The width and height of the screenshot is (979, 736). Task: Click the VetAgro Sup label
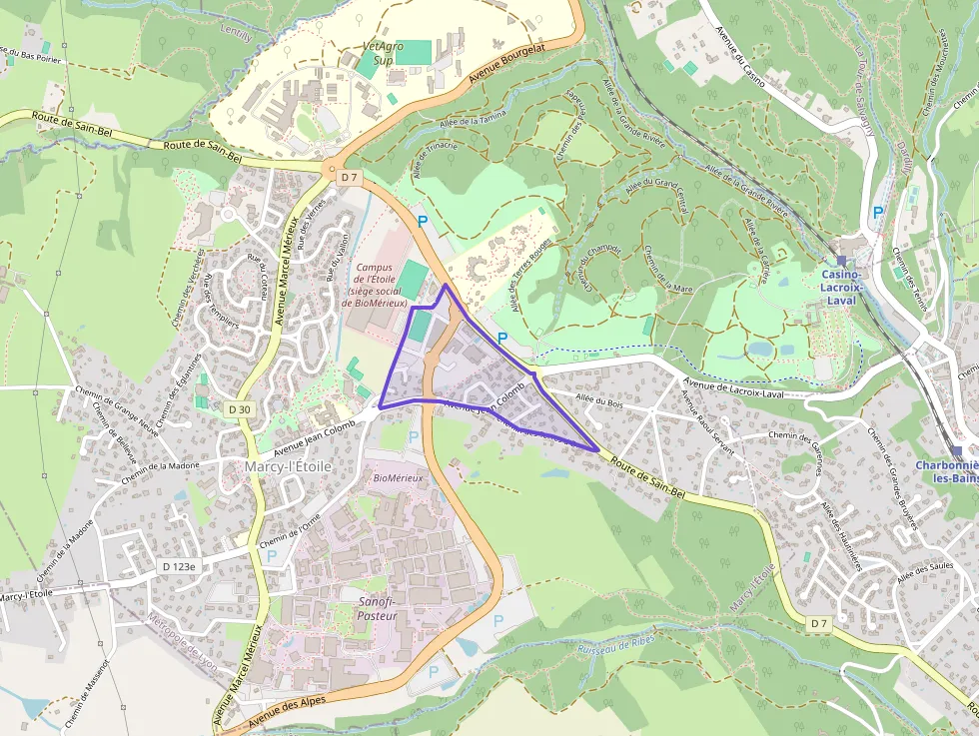point(376,53)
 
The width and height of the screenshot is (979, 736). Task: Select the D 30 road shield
point(239,408)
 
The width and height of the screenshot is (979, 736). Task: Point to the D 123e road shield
point(181,566)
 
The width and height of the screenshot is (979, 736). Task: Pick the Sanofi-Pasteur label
point(378,608)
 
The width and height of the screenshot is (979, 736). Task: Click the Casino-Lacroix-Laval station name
point(842,288)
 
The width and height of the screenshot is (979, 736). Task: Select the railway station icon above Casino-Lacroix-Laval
point(842,261)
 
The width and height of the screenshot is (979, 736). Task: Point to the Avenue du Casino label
point(740,58)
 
